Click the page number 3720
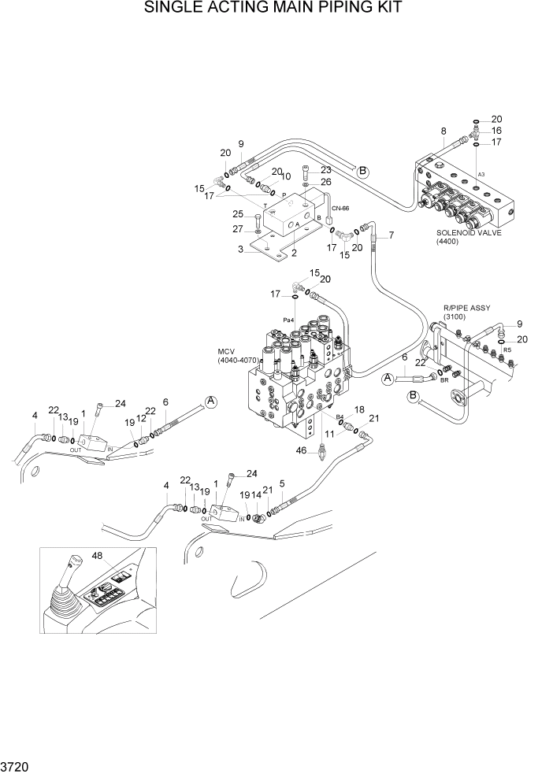pos(16,764)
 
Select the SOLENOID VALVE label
pos(469,233)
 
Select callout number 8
pos(444,131)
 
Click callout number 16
pos(497,131)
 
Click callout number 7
pos(392,235)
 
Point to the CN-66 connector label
pos(340,208)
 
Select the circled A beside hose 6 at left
pos(210,402)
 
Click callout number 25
pos(236,213)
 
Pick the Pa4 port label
pos(289,320)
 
